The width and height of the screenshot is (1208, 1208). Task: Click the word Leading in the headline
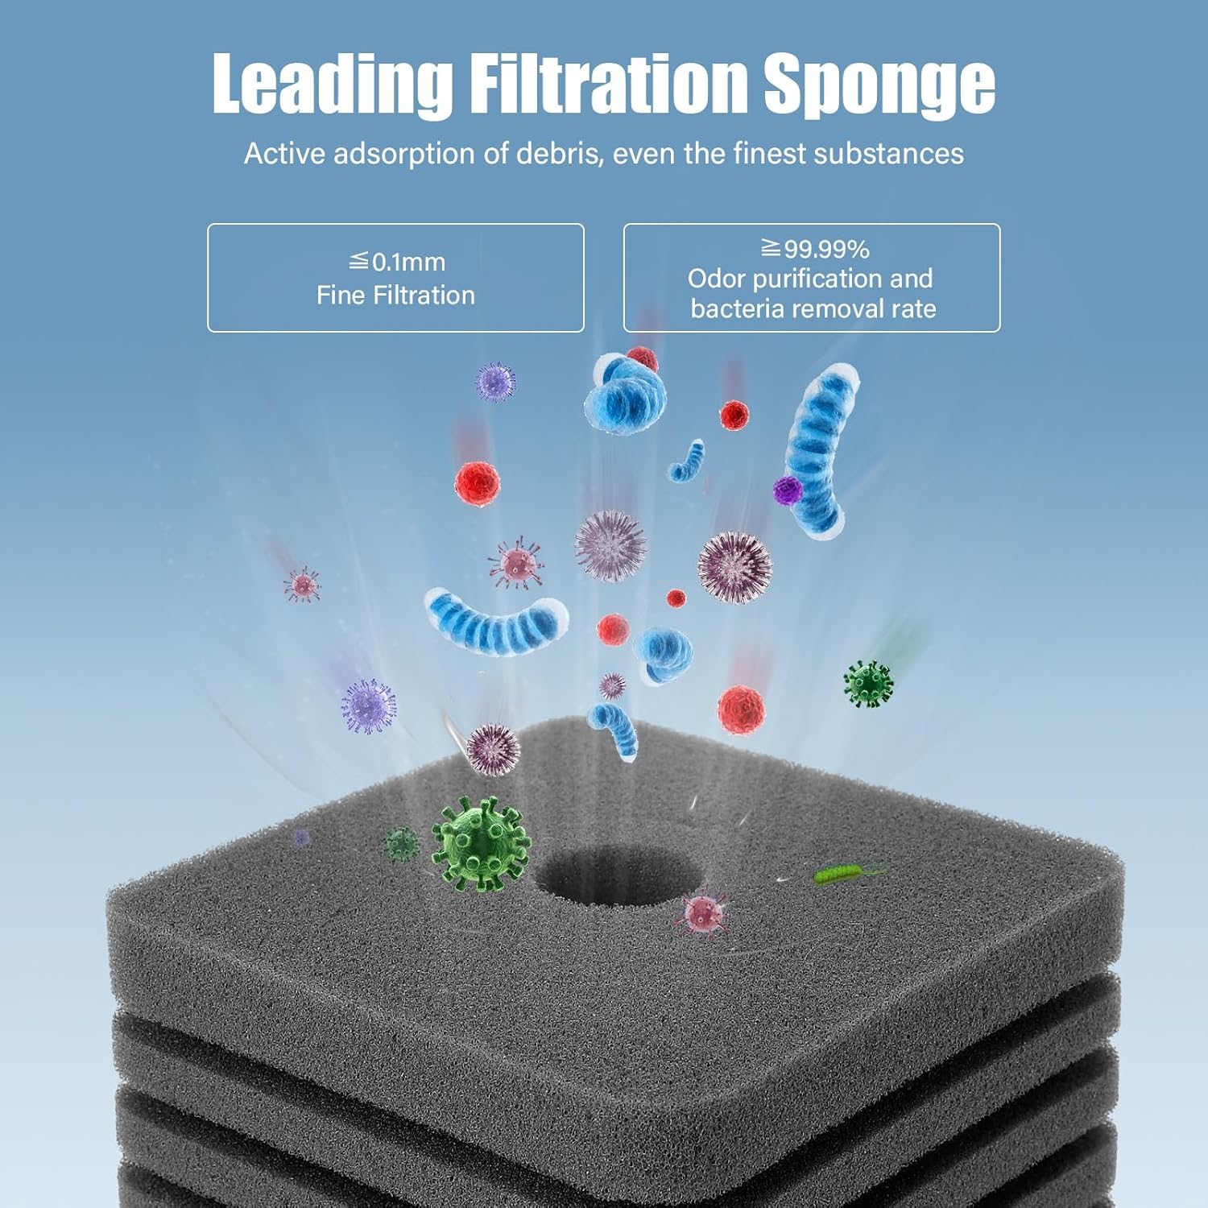coord(331,83)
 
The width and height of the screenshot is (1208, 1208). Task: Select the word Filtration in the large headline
coord(608,83)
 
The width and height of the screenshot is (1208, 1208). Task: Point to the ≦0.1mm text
coord(396,262)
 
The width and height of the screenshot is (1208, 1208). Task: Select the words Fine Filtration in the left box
coord(395,296)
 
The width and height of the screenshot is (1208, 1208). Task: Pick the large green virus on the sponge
coord(481,843)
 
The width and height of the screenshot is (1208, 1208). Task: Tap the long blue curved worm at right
coord(821,451)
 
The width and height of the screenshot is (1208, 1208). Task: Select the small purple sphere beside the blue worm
coord(787,489)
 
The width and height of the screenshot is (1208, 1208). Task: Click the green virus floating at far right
coord(868,684)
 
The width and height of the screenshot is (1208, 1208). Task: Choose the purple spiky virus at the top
coord(494,382)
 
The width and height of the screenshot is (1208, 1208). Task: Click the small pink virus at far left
coord(302,584)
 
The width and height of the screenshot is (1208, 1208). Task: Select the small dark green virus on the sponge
coord(401,844)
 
